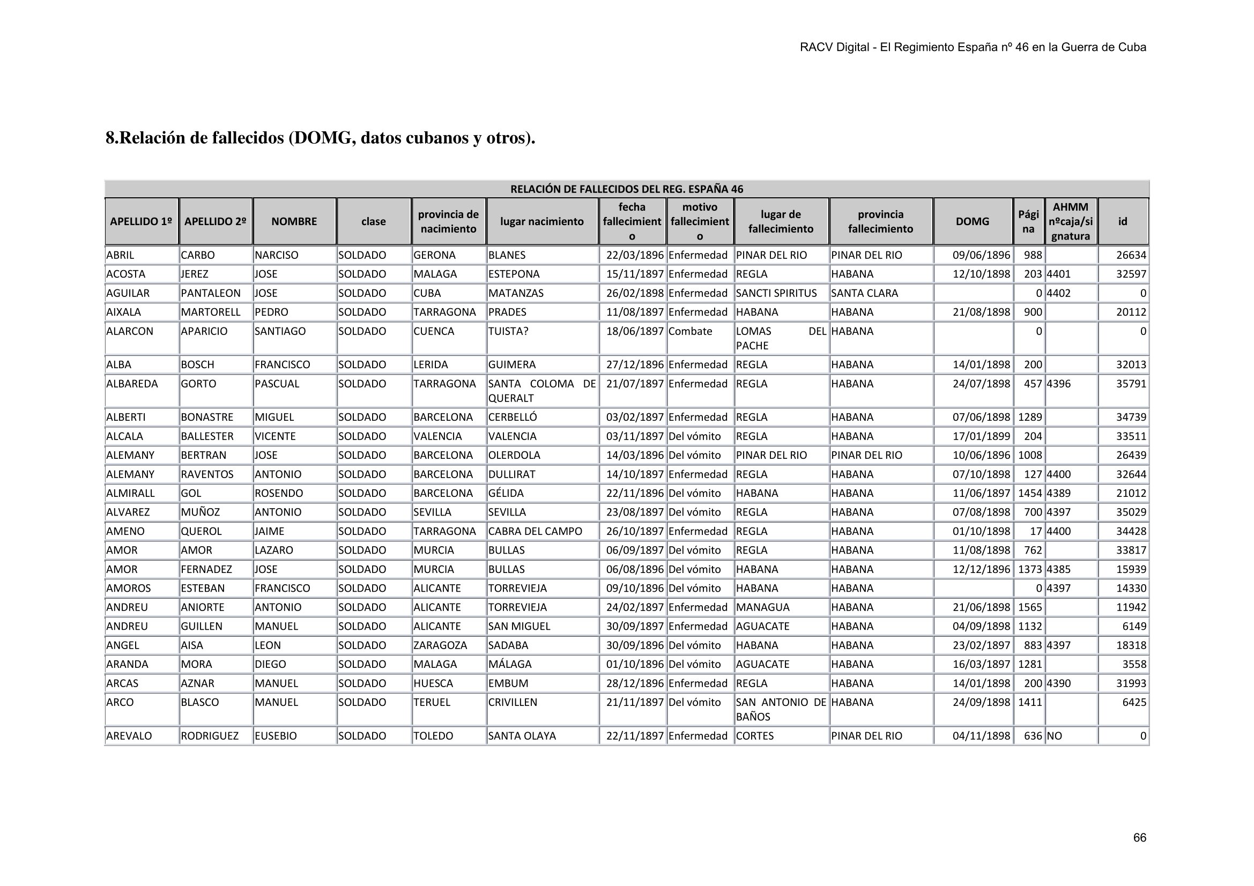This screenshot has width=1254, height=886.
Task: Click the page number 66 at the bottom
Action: [1139, 837]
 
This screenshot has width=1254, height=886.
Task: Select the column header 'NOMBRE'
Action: [294, 221]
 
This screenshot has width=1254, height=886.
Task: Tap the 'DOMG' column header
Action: [972, 221]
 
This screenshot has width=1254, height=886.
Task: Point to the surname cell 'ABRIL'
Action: [120, 255]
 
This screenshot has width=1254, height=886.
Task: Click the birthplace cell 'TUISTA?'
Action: [508, 331]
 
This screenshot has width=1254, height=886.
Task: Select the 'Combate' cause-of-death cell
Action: [690, 331]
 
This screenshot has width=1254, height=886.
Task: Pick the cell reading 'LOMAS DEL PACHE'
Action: [781, 338]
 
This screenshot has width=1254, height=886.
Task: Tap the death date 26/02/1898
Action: [635, 293]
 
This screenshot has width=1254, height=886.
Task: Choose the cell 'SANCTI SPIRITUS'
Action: [776, 293]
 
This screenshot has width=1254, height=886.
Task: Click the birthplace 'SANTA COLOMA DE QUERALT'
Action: [541, 391]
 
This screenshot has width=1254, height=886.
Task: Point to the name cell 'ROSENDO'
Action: [279, 493]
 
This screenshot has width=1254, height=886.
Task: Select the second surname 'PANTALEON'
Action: [210, 293]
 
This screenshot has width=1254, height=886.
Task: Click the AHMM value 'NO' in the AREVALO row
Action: [1054, 736]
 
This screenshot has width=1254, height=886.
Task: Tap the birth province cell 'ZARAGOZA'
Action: [440, 645]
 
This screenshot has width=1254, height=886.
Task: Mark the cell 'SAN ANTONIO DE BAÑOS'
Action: [781, 710]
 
